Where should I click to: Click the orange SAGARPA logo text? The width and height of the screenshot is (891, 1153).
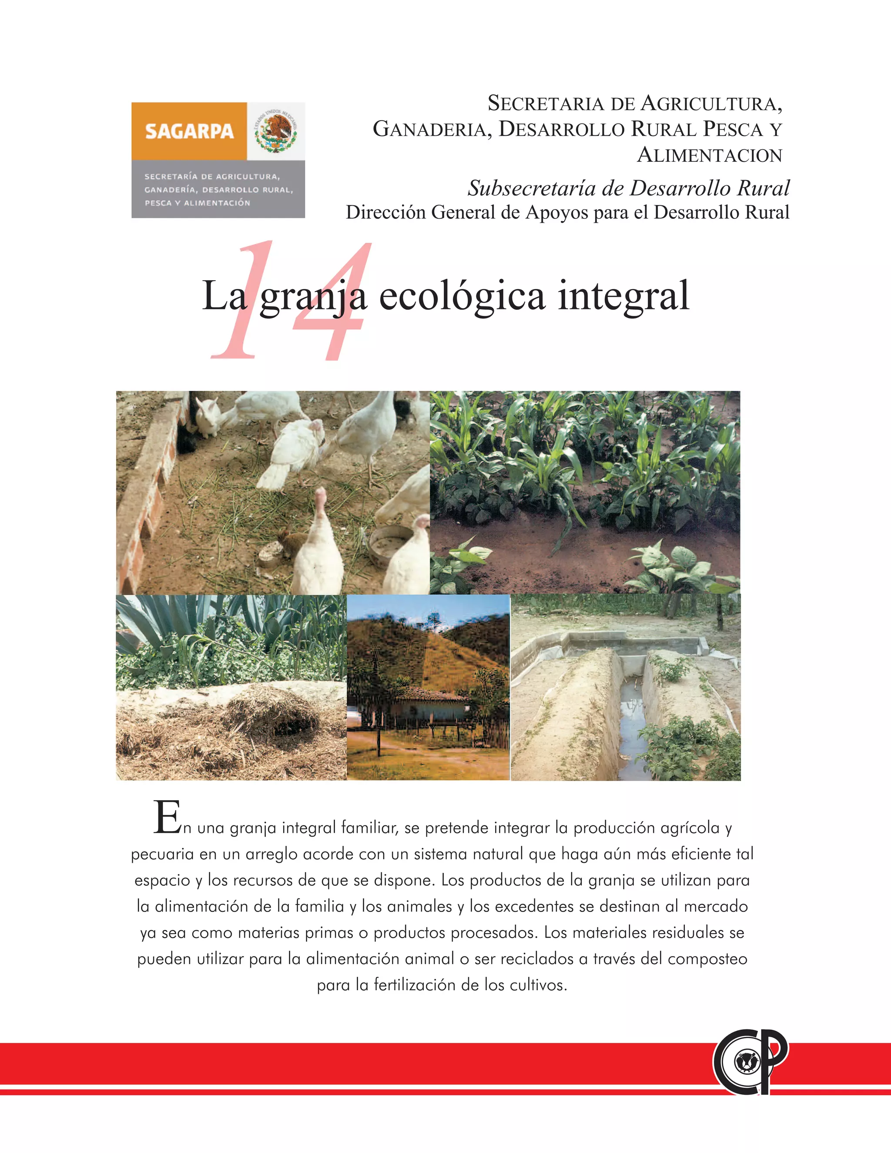[x=189, y=131]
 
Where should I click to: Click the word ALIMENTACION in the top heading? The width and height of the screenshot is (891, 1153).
[x=710, y=155]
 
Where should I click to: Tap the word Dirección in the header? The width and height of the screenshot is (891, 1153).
[x=385, y=212]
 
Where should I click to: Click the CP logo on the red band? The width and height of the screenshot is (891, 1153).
[x=750, y=1062]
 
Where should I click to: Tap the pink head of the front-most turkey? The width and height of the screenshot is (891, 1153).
[x=320, y=496]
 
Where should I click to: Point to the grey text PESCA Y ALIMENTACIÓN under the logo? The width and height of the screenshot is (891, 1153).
[x=198, y=203]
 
